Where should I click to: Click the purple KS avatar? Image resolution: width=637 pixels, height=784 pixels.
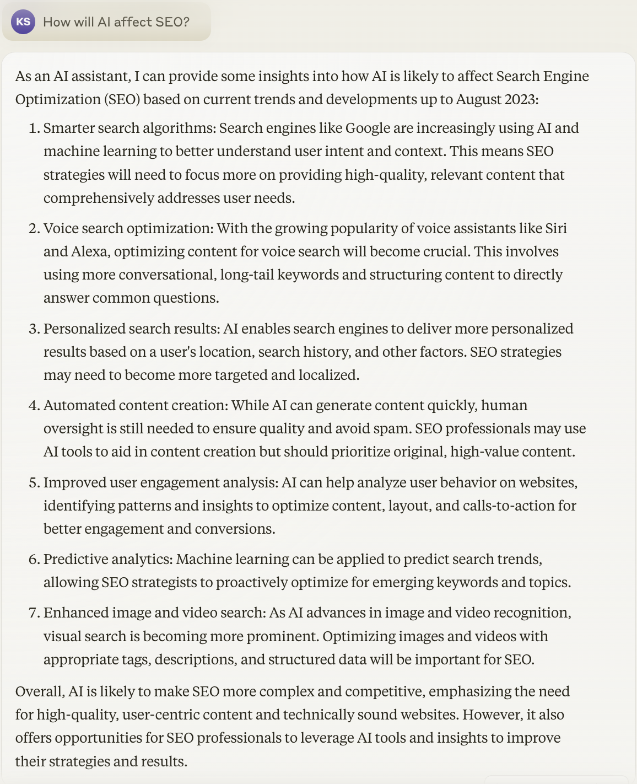(23, 22)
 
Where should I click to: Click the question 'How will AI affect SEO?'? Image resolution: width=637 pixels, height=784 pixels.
(116, 22)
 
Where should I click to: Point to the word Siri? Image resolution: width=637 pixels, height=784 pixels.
(556, 229)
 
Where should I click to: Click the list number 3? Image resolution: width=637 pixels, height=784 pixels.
(35, 329)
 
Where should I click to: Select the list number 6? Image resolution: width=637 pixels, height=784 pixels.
(35, 560)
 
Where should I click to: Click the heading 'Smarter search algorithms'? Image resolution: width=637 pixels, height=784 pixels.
(129, 128)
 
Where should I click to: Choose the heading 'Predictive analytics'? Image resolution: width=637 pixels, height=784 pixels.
(108, 560)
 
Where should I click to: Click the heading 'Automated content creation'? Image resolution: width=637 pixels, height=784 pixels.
(135, 406)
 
